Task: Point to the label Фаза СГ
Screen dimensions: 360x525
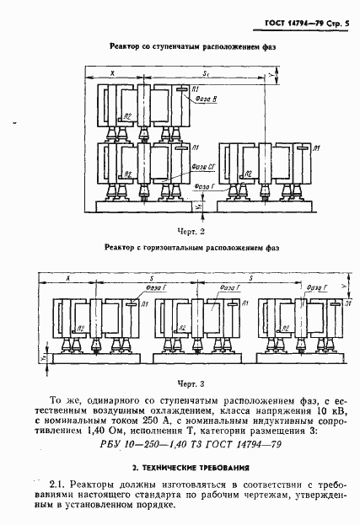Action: click(205, 167)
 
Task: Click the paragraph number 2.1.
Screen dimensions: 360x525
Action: click(58, 484)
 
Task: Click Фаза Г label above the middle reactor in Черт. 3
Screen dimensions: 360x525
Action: click(228, 287)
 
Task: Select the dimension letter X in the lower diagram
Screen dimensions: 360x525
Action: click(67, 277)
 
